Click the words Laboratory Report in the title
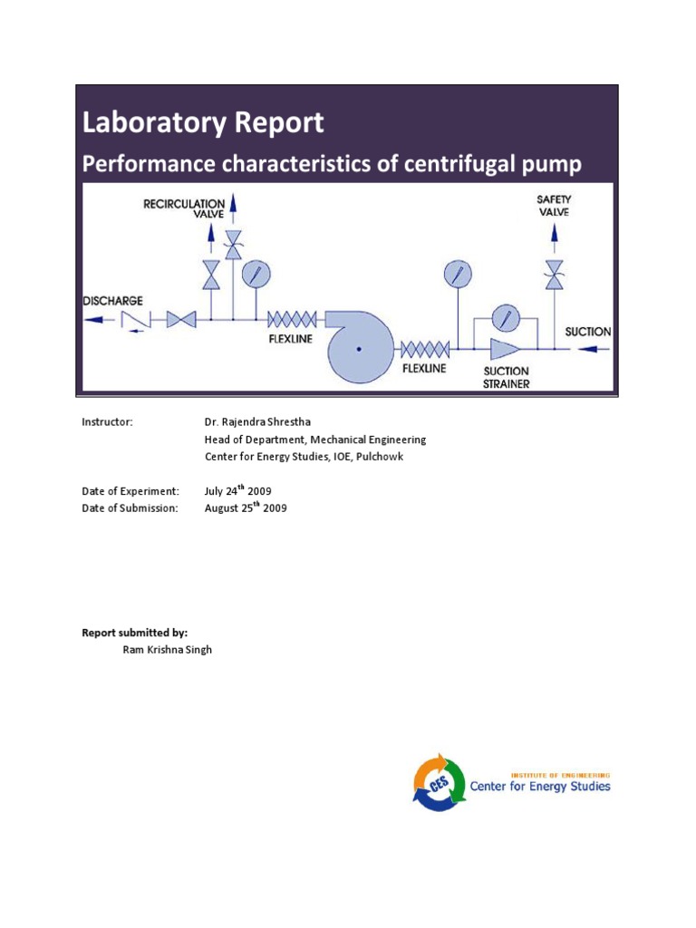[203, 122]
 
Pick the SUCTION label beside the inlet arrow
[587, 332]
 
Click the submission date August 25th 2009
[246, 507]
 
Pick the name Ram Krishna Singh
[167, 650]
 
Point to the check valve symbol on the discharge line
[135, 320]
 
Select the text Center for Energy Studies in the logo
[539, 786]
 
